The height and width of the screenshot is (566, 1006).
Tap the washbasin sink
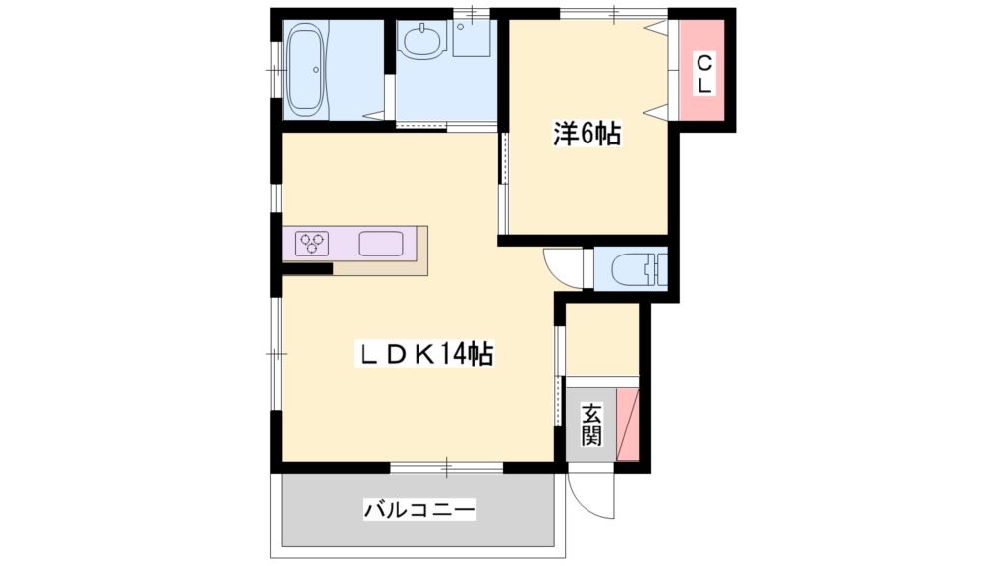(x=423, y=42)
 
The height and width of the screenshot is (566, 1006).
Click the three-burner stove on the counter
(x=313, y=242)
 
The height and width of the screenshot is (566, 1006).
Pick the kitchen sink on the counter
(x=381, y=243)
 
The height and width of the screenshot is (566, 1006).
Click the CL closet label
(x=705, y=75)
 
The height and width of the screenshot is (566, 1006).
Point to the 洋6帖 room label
(x=587, y=135)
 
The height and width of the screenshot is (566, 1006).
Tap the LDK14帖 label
(x=424, y=354)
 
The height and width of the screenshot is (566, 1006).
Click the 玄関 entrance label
(x=590, y=424)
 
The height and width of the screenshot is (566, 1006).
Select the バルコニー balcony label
(x=419, y=510)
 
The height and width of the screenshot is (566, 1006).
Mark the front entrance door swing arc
(x=591, y=496)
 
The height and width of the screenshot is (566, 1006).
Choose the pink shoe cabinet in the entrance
(x=628, y=424)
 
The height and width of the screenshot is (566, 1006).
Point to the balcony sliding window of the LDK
(x=445, y=466)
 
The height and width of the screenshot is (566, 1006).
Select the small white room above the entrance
(x=602, y=340)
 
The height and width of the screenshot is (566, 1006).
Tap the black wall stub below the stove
(x=307, y=269)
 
